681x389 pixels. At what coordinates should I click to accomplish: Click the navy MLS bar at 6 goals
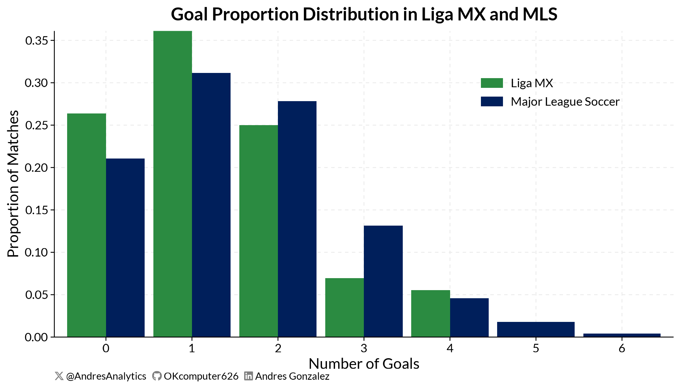pyautogui.click(x=622, y=335)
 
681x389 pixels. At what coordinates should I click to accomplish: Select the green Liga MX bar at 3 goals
pyautogui.click(x=344, y=308)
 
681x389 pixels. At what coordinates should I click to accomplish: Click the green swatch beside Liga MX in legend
pyautogui.click(x=492, y=83)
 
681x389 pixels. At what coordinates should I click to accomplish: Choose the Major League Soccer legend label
pyautogui.click(x=565, y=102)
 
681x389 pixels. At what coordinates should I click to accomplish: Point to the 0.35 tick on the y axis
pyautogui.click(x=37, y=41)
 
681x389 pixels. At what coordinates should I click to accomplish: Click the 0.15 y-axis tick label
pyautogui.click(x=37, y=210)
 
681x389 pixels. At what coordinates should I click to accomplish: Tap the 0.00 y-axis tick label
pyautogui.click(x=37, y=337)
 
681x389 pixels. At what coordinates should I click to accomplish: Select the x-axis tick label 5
pyautogui.click(x=536, y=349)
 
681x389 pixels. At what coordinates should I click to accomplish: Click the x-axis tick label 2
pyautogui.click(x=278, y=349)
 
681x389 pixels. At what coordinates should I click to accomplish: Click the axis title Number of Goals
pyautogui.click(x=364, y=364)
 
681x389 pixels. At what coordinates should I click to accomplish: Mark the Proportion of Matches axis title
pyautogui.click(x=13, y=184)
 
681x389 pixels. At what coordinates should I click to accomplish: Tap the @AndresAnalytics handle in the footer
pyautogui.click(x=106, y=376)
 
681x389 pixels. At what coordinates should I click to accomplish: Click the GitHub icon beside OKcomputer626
pyautogui.click(x=157, y=376)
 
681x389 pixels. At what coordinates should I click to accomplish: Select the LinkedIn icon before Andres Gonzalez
pyautogui.click(x=248, y=376)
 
